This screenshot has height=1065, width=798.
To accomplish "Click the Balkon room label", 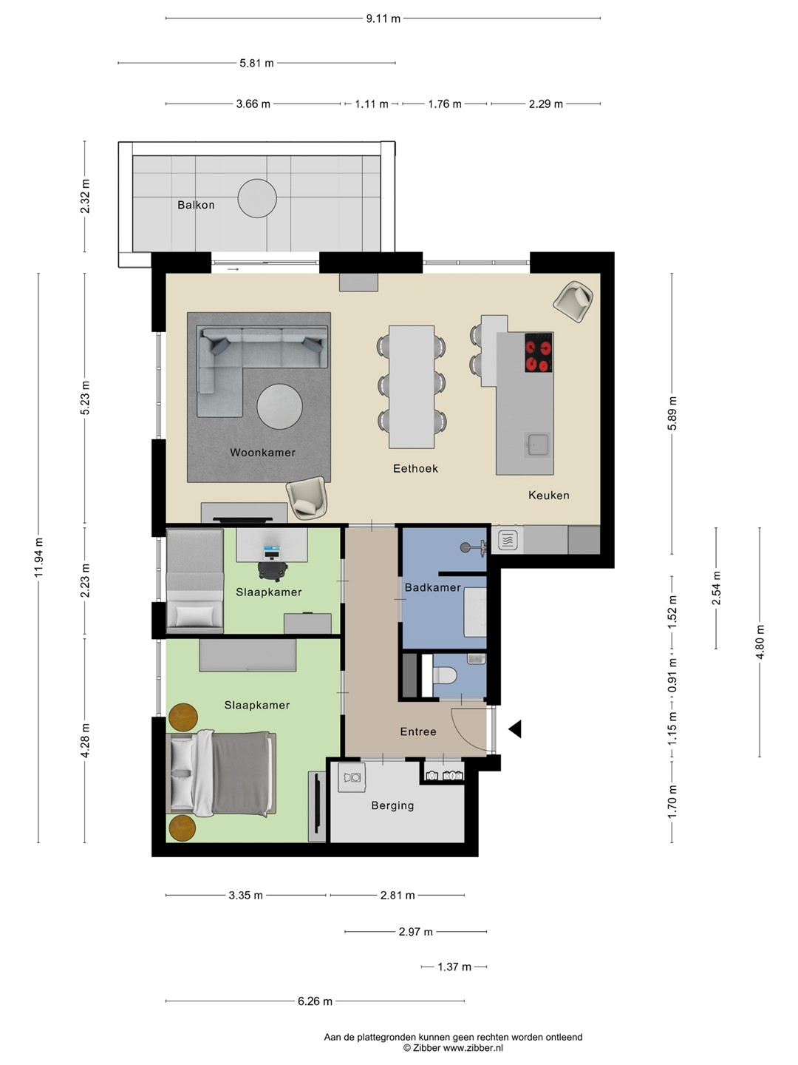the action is click(196, 205).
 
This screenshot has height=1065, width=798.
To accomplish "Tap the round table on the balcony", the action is click(257, 198).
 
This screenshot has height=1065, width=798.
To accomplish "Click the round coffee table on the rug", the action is click(279, 407).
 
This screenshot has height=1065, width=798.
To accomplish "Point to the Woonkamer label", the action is click(262, 452).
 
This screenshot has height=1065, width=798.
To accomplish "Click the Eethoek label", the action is click(415, 468).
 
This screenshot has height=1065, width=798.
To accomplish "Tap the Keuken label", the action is click(548, 495).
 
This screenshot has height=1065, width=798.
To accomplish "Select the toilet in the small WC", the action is click(444, 674).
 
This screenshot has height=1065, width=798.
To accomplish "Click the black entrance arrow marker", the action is click(515, 728).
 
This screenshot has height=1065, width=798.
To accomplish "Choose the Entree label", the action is click(418, 731).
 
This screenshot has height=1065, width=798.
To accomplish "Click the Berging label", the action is click(392, 805).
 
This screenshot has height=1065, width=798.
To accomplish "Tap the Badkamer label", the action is click(433, 587).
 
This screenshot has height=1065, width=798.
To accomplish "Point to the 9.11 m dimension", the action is click(383, 18).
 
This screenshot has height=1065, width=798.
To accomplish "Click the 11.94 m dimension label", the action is click(38, 557).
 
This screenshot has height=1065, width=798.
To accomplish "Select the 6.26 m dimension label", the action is click(315, 1001).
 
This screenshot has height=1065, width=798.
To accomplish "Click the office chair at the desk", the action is click(273, 569).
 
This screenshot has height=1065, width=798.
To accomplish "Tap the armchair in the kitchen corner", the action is click(573, 302).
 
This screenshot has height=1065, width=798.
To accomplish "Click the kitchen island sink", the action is click(537, 445).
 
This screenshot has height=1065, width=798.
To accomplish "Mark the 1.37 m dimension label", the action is click(454, 967).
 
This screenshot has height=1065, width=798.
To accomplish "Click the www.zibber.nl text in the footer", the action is click(473, 1048).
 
